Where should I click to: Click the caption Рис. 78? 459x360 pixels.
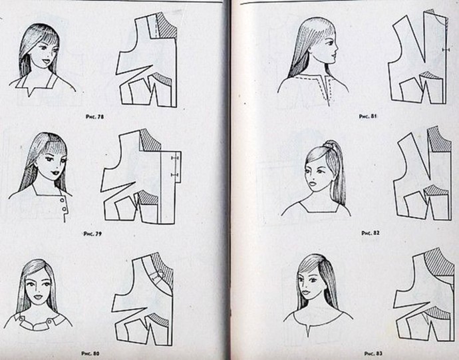pos(94,116)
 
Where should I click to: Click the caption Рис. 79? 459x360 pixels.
pos(92,234)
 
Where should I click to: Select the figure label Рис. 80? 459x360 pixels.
pos(90,353)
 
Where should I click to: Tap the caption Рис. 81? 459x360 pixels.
pos(368,116)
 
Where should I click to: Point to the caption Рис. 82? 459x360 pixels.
pos(371,233)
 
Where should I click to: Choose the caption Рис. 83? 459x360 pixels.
pos(373,353)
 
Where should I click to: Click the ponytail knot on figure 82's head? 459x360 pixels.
pos(328,144)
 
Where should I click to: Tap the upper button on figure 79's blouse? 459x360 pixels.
pos(63,200)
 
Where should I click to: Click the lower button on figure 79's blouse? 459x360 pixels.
pos(65,209)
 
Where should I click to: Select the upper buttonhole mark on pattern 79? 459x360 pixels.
pos(175,158)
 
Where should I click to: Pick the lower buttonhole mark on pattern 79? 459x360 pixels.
pos(175,175)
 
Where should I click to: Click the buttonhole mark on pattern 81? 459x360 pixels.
pos(446,50)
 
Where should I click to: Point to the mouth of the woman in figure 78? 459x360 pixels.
pos(46,62)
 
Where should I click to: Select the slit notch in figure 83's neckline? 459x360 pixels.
pos(307,331)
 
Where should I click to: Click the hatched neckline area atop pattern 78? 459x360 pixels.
pos(166,25)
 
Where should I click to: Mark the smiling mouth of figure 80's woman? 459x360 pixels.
pos(38,297)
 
